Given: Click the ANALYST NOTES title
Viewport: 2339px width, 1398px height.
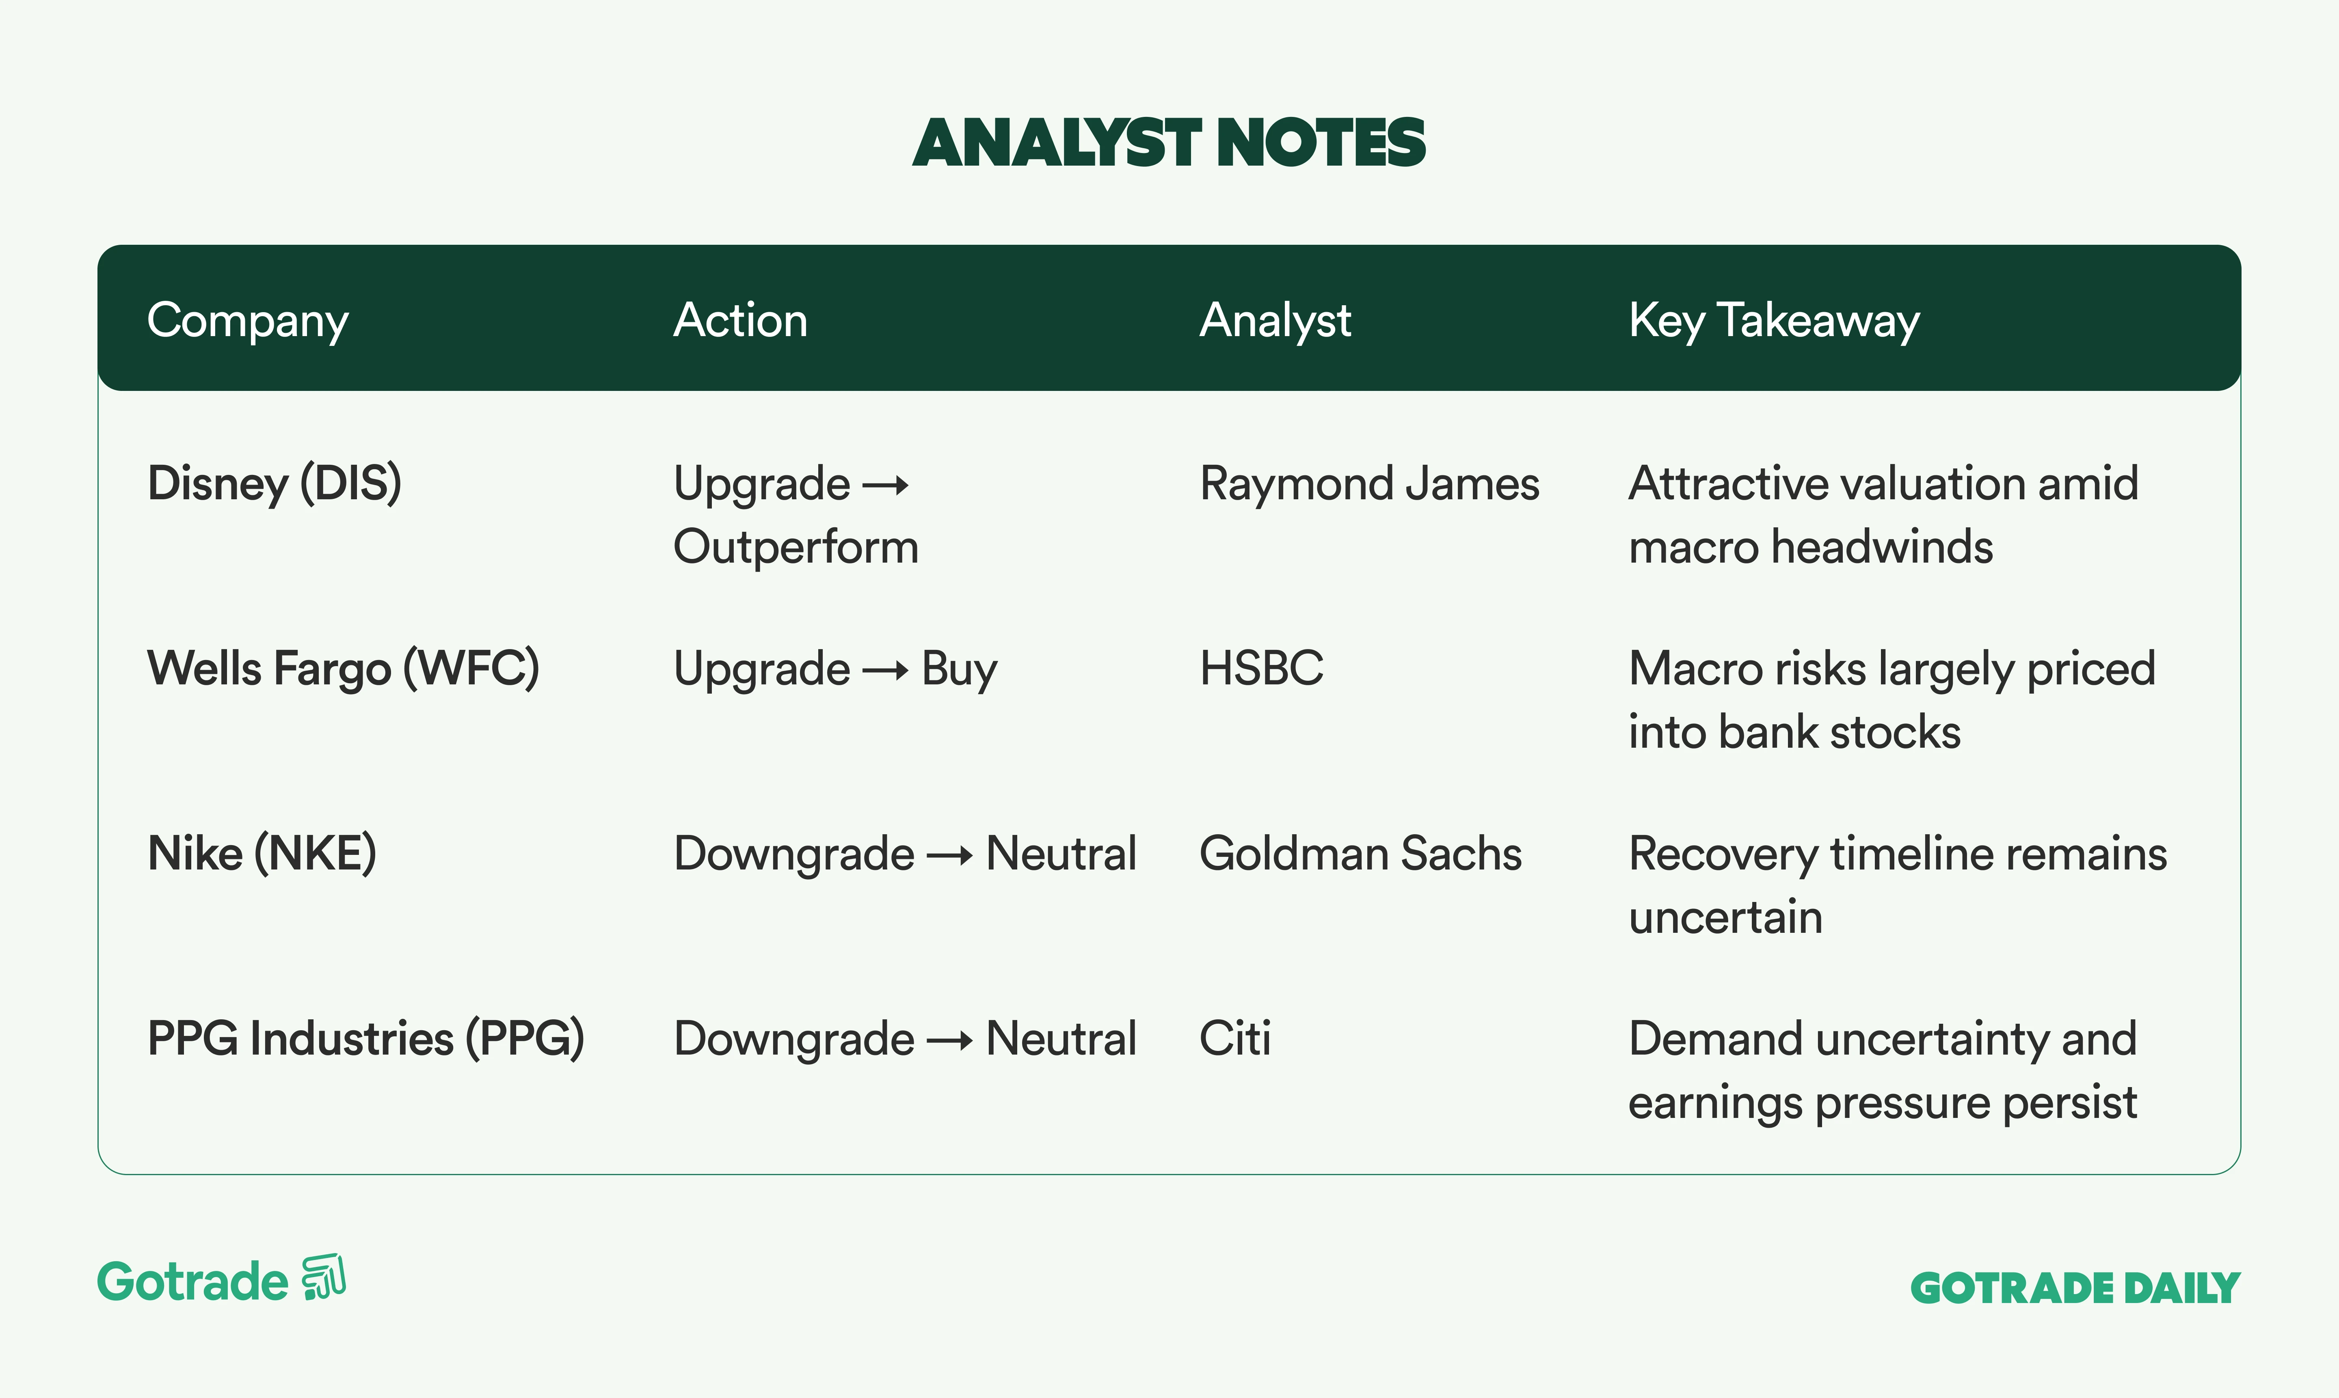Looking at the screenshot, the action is point(1169,143).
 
